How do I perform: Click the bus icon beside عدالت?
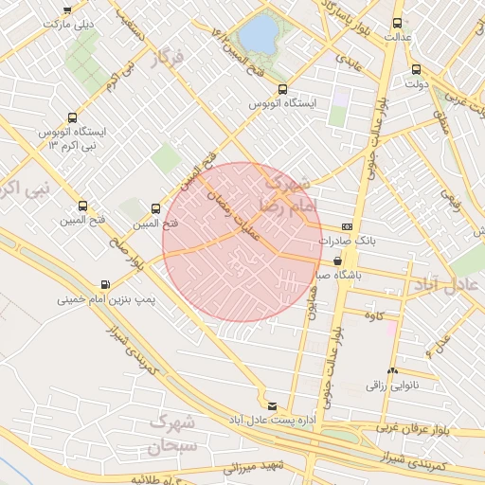pyautogui.click(x=396, y=24)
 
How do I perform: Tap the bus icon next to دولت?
pyautogui.click(x=416, y=69)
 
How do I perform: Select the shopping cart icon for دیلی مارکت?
pyautogui.click(x=67, y=9)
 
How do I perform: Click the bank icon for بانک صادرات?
pyautogui.click(x=348, y=227)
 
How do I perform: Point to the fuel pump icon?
pyautogui.click(x=103, y=284)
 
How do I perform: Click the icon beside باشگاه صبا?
pyautogui.click(x=338, y=260)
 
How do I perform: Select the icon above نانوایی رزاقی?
pyautogui.click(x=392, y=370)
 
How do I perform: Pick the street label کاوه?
pyautogui.click(x=373, y=315)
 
